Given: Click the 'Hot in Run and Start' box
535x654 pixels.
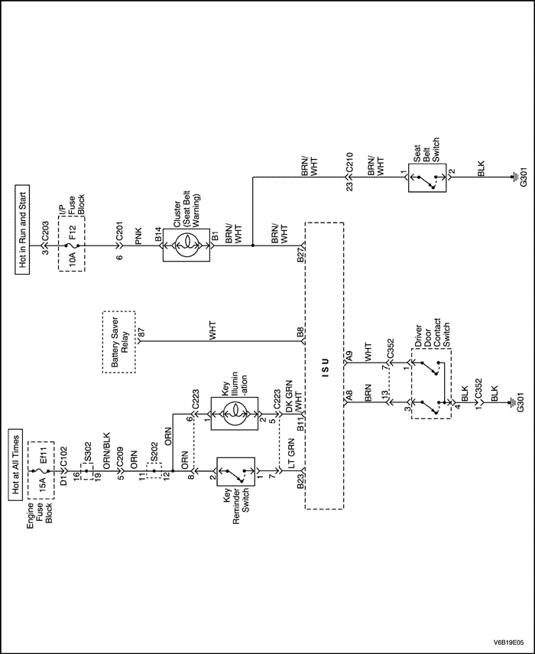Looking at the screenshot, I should tap(22, 229).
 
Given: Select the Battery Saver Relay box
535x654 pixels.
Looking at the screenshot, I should tap(119, 342).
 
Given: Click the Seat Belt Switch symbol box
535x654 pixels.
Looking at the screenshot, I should tap(429, 181).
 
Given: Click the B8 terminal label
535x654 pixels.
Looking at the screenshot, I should tap(302, 334).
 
